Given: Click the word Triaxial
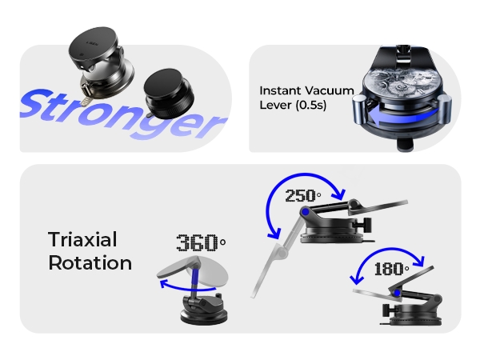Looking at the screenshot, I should point(82,240).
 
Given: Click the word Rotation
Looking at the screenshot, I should point(90,262).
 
